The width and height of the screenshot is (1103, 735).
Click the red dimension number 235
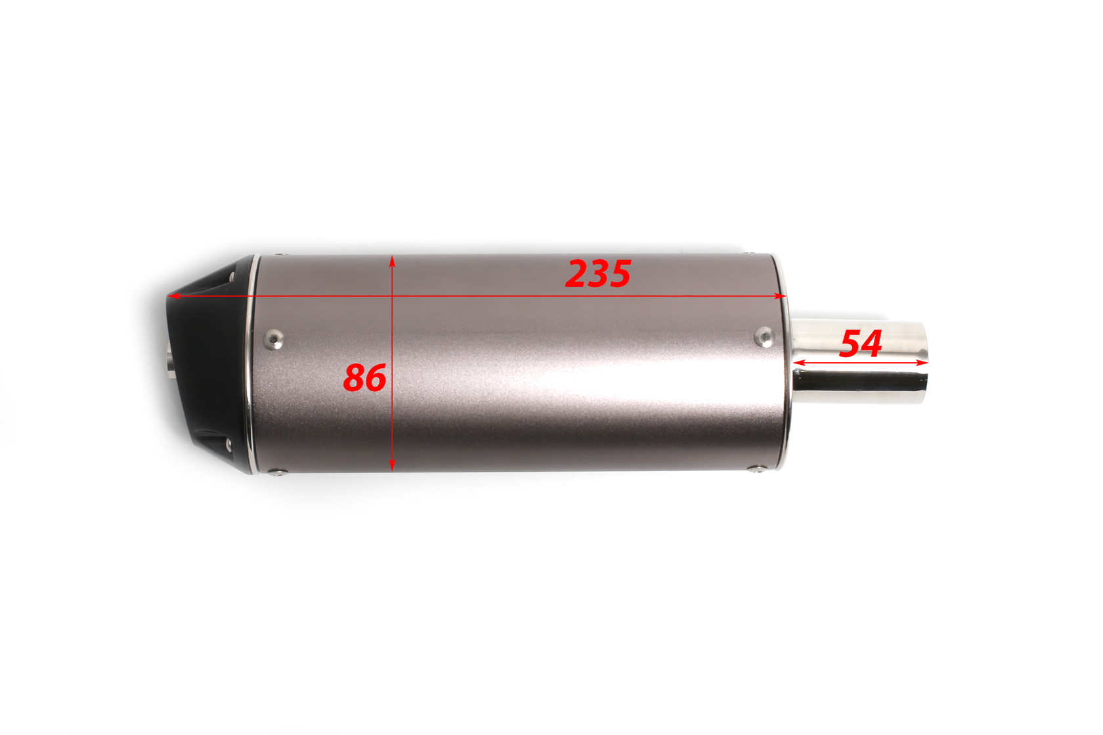click(x=597, y=274)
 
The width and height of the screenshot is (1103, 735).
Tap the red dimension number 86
click(x=364, y=377)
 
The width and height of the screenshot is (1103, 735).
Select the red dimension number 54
click(x=861, y=344)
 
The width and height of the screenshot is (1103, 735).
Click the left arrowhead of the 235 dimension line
click(x=173, y=296)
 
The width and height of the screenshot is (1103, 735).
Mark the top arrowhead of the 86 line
click(x=392, y=261)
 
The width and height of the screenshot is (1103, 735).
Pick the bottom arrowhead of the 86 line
click(x=392, y=465)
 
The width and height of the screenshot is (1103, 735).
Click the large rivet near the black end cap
click(x=273, y=339)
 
